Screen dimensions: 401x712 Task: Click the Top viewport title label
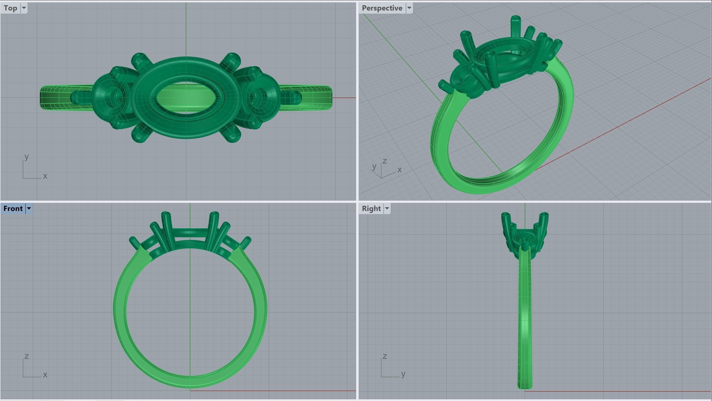11,8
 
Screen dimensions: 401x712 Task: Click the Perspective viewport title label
382,8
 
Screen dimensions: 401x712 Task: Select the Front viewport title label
13,209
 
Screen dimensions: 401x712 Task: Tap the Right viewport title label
371,209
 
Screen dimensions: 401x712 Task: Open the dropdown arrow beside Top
24,8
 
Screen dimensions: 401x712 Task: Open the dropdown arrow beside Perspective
409,8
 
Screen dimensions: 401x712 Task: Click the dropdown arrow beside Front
29,209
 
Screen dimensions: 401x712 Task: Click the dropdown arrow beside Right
387,209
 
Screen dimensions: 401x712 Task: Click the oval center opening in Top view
186,98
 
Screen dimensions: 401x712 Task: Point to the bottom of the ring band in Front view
190,382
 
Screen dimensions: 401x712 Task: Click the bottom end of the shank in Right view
525,386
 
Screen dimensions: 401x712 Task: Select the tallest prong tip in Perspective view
515,19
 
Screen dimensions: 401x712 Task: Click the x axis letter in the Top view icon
45,176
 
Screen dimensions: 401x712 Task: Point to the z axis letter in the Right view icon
384,356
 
